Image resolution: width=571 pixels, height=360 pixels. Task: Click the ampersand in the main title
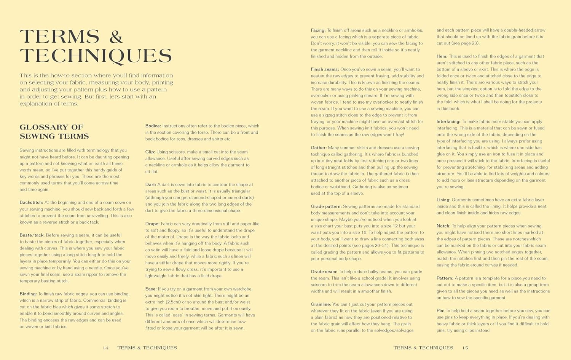click(116, 37)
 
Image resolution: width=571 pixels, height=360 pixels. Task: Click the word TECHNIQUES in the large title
click(96, 56)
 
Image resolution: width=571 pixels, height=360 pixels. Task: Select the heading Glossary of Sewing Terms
click(54, 131)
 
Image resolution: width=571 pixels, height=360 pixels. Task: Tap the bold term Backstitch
click(31, 203)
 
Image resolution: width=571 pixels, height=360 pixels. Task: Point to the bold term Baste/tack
click(32, 235)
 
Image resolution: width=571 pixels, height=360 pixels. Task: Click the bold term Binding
click(28, 294)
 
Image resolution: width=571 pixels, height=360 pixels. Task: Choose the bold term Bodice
click(153, 126)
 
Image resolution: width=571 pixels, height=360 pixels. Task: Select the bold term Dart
click(151, 184)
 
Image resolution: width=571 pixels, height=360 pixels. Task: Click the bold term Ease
click(151, 289)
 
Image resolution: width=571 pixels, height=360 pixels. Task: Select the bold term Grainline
click(321, 304)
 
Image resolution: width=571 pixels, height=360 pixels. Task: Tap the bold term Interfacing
click(448, 122)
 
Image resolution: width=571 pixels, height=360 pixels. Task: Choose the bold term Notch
click(443, 226)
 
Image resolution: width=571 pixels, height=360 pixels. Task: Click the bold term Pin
click(440, 310)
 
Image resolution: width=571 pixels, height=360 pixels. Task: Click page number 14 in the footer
click(105, 348)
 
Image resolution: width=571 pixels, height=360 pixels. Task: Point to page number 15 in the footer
click(465, 348)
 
